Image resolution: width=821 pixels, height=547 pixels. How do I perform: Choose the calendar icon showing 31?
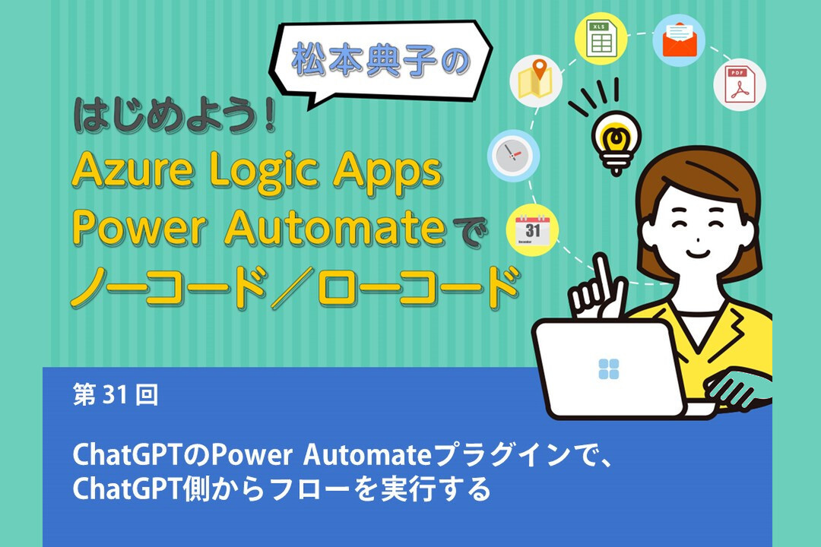(x=532, y=228)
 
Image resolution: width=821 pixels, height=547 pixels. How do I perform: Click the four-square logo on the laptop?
(x=608, y=368)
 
